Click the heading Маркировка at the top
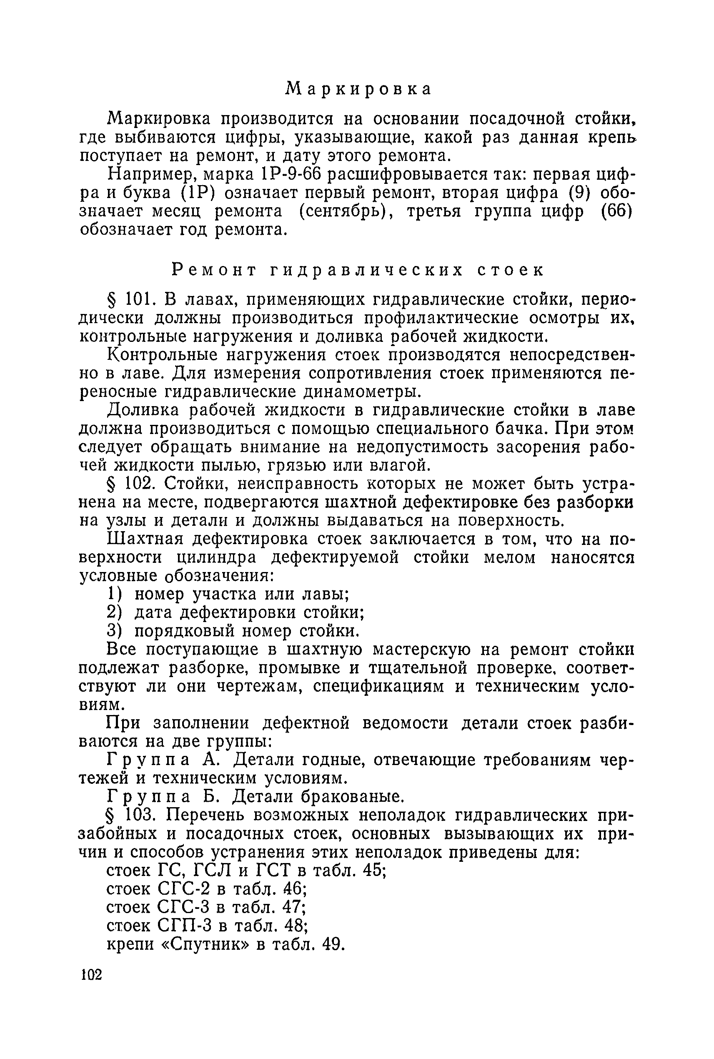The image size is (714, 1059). point(358,89)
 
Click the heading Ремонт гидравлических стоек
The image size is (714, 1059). point(358,270)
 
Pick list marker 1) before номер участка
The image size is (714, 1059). point(114,595)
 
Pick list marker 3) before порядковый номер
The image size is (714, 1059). point(114,631)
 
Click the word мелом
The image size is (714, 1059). point(509,557)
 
